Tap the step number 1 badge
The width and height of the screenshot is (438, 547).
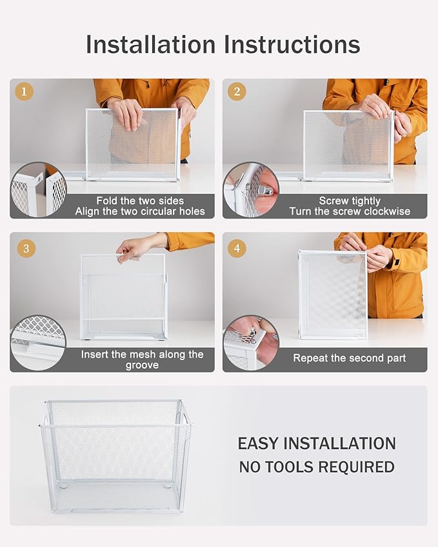(25, 92)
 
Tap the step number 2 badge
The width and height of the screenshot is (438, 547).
(237, 92)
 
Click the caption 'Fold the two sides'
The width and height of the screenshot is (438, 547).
(140, 201)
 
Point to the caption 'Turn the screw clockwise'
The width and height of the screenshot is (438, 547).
(350, 211)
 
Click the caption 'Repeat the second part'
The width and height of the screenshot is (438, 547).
(349, 358)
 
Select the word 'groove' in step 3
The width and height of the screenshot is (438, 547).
(142, 365)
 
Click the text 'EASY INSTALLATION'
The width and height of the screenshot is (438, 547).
(317, 443)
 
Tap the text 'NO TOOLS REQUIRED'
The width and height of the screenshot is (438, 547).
(317, 467)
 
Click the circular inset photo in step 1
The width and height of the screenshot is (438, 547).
(38, 189)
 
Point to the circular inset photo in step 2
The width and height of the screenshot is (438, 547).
(250, 189)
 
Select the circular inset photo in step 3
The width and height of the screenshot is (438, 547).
(38, 343)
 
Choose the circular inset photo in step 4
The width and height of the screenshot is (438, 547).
(250, 343)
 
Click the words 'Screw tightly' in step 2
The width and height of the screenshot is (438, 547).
(350, 201)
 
